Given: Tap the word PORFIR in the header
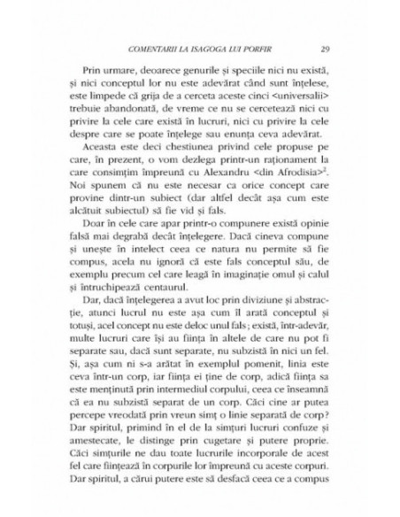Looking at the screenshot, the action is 254,48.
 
